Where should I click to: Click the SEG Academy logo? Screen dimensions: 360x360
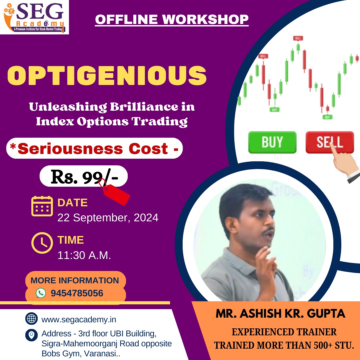click(34, 17)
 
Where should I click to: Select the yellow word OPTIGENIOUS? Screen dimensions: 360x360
click(107, 76)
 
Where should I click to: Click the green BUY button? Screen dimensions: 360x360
click(272, 142)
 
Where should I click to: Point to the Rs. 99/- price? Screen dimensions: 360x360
click(84, 177)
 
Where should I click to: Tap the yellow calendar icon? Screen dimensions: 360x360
click(42, 206)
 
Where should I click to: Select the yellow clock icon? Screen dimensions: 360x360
click(42, 243)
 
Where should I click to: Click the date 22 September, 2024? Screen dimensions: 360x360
click(108, 218)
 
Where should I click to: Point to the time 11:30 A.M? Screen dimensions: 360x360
click(84, 255)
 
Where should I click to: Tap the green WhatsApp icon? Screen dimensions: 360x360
click(41, 293)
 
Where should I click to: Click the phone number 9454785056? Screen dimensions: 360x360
click(77, 293)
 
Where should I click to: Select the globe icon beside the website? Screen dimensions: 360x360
click(31, 318)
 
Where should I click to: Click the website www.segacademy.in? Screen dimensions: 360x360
click(79, 320)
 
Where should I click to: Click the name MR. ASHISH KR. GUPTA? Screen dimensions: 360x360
click(280, 314)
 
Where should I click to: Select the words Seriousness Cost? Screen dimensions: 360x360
click(93, 149)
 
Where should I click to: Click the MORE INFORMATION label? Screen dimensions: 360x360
click(75, 280)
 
